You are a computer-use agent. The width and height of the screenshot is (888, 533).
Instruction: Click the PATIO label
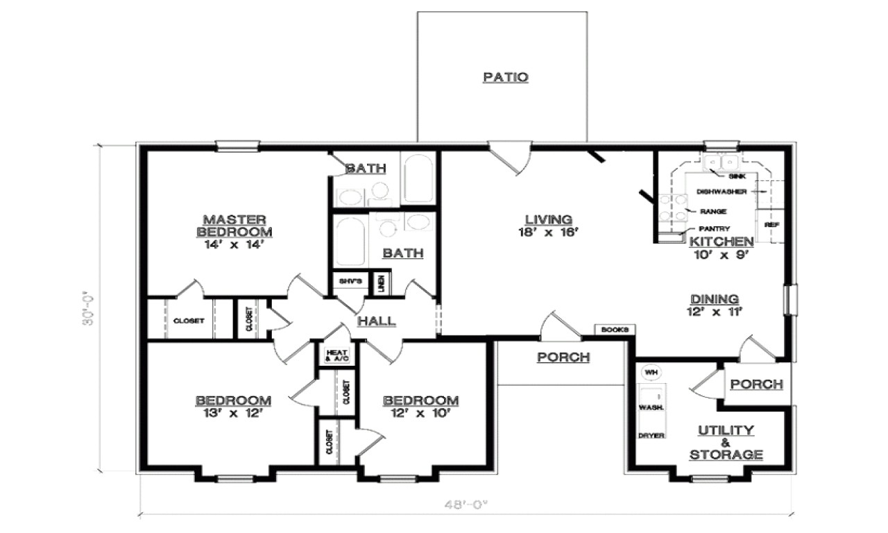click(x=505, y=77)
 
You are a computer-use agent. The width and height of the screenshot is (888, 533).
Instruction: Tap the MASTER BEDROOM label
click(x=234, y=225)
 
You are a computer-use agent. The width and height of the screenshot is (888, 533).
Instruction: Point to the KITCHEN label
click(x=721, y=242)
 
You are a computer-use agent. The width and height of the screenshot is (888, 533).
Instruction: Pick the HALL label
click(x=377, y=321)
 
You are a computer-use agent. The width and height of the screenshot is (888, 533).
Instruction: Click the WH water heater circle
click(x=650, y=373)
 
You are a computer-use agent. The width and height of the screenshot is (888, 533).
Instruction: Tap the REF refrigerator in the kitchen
click(x=769, y=225)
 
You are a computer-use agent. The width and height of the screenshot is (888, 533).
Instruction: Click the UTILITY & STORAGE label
click(x=726, y=443)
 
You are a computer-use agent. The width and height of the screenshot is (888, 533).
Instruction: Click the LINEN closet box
click(x=381, y=283)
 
